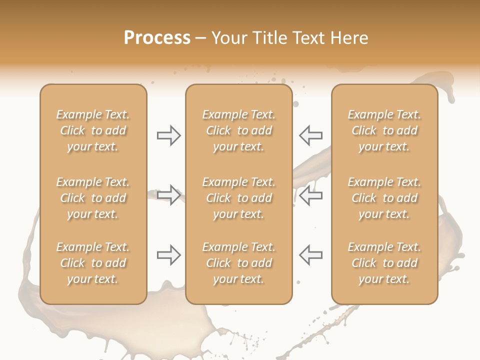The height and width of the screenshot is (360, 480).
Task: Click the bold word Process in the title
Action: tap(157, 38)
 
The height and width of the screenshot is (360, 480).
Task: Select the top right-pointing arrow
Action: tap(168, 135)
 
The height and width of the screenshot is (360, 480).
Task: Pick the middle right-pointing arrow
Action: tap(168, 195)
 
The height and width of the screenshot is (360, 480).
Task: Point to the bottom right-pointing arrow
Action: tap(168, 255)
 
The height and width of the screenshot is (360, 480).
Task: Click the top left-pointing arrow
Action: tap(311, 135)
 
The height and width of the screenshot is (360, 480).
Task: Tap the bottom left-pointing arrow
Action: tap(311, 255)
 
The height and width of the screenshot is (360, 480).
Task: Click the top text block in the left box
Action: tap(93, 130)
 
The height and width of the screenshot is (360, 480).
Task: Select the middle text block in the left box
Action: tap(93, 198)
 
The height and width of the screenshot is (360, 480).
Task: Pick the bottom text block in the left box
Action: tap(93, 263)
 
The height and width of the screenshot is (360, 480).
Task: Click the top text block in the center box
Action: tap(238, 130)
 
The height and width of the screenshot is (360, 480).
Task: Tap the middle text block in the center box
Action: tap(238, 198)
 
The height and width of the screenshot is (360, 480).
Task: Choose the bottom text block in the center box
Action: tap(238, 263)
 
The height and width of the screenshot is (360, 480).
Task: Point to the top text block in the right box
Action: tap(384, 130)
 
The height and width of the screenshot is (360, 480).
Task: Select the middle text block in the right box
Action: tap(384, 198)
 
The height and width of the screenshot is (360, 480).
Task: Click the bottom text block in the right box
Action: tap(384, 263)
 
